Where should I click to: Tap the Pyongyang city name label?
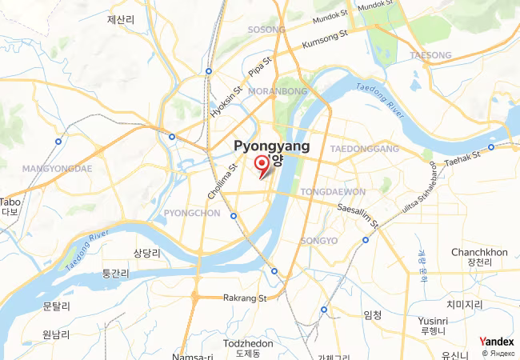coord(271,147)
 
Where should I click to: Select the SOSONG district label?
coord(266,30)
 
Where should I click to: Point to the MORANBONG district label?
coord(278,92)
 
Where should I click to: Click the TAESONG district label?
coord(430,55)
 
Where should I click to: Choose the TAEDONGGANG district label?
coord(364,150)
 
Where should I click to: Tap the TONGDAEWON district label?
coord(334,192)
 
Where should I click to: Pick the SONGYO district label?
coord(318,241)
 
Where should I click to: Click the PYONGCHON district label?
coord(191,213)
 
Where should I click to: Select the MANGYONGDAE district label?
coord(58,169)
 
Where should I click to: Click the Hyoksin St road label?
coord(225,103)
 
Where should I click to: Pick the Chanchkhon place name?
coord(479,252)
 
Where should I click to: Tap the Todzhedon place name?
coord(249,343)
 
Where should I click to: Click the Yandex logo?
coord(496,342)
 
